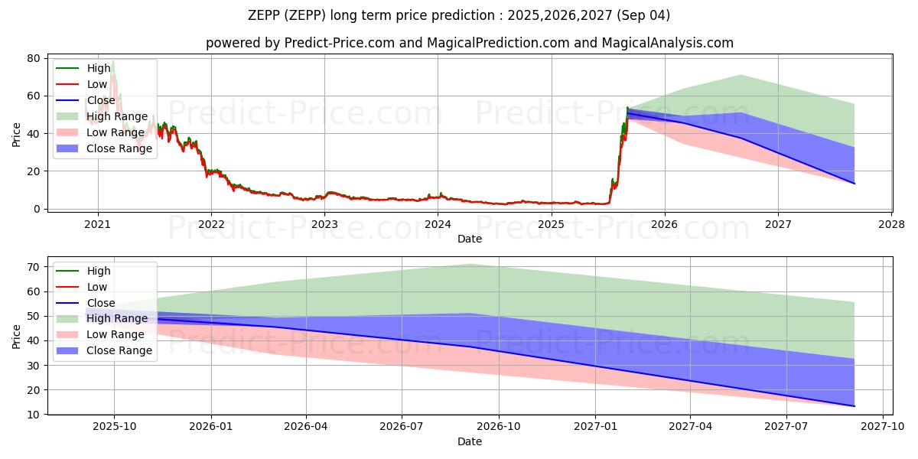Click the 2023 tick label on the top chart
tap(324, 224)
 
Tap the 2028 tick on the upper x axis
tap(891, 224)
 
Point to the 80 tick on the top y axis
tap(34, 58)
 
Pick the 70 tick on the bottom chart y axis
tap(34, 267)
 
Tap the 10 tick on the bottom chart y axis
tap(34, 415)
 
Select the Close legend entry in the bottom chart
tap(101, 303)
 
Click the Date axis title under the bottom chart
tap(469, 442)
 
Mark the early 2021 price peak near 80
tap(112, 61)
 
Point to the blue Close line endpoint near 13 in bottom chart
tap(854, 406)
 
